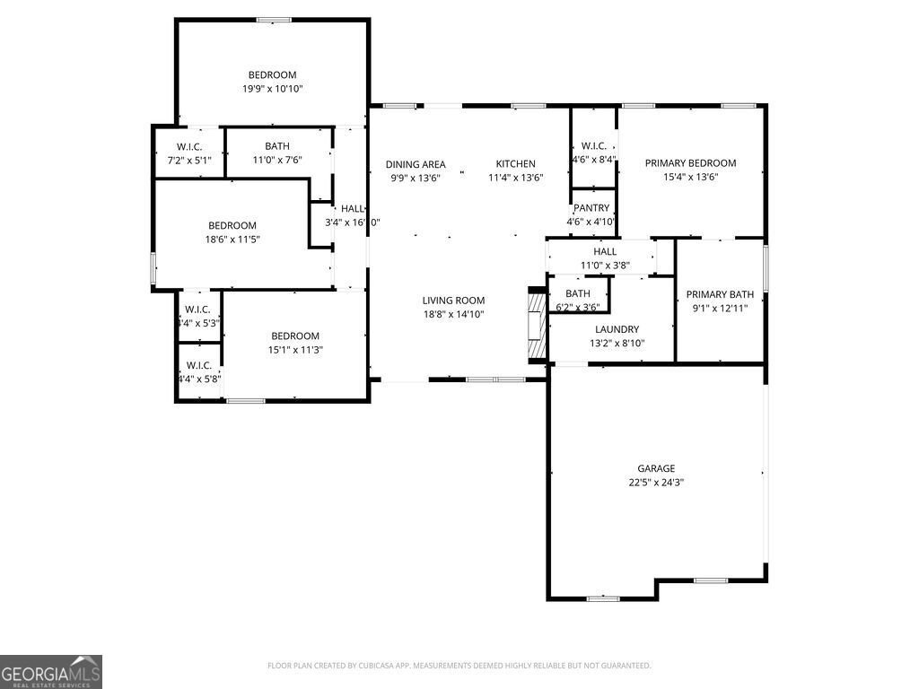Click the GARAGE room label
click(x=656, y=468)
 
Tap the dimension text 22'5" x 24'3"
click(x=656, y=482)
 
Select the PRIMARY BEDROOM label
click(x=690, y=163)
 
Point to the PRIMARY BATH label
click(x=720, y=294)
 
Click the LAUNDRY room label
click(x=617, y=329)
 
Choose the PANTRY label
click(x=591, y=208)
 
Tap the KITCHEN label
click(x=515, y=164)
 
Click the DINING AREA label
click(x=416, y=164)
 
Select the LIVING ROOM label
click(x=453, y=301)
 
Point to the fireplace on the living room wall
click(x=536, y=325)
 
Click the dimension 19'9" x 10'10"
click(x=272, y=89)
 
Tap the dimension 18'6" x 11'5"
click(x=232, y=240)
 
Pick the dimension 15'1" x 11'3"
click(x=295, y=350)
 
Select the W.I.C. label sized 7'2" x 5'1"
click(x=189, y=146)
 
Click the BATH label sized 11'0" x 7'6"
click(x=276, y=146)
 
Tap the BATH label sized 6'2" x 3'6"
click(x=577, y=293)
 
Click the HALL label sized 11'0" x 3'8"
click(x=604, y=252)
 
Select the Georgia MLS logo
click(x=51, y=672)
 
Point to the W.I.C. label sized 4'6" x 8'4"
click(x=593, y=146)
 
